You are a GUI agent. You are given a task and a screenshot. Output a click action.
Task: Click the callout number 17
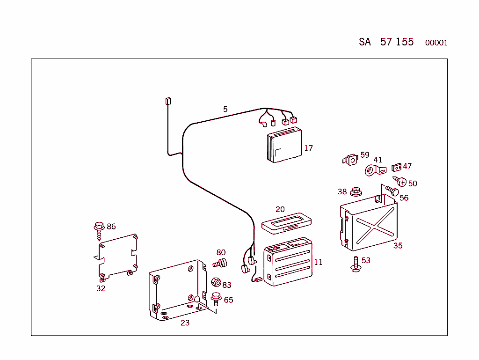click(x=308, y=148)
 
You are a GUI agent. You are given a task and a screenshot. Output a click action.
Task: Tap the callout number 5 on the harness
click(x=225, y=110)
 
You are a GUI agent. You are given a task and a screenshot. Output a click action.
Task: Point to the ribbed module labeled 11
click(x=288, y=262)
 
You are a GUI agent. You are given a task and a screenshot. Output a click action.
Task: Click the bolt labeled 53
click(x=355, y=265)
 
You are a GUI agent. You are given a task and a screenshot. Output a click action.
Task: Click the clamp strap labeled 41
click(x=373, y=171)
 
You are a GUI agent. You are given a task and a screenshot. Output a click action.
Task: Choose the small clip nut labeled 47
click(x=396, y=167)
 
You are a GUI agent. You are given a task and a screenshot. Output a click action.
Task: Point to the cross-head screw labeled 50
click(x=400, y=182)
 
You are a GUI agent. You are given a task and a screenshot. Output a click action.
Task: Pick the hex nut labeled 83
click(x=216, y=283)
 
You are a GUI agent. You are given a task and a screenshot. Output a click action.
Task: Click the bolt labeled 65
click(x=216, y=298)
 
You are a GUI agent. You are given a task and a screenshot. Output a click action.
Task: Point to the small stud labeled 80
click(x=220, y=264)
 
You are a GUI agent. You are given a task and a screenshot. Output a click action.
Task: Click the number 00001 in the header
click(x=436, y=43)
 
